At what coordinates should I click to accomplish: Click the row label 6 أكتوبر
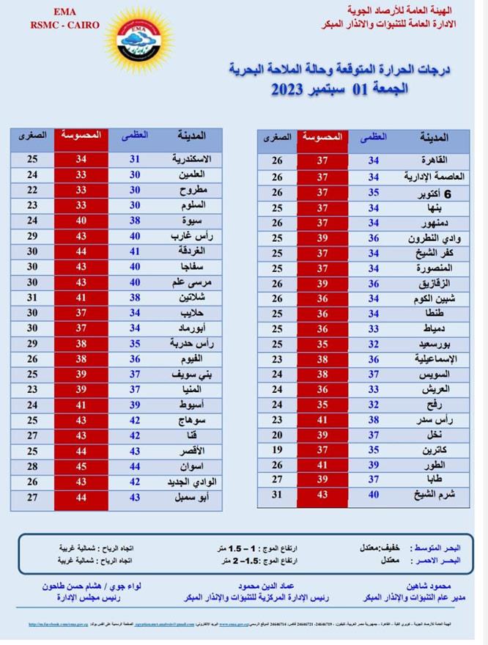432,192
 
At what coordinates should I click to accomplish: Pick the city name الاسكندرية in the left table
192,158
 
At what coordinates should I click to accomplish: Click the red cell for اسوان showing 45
81,466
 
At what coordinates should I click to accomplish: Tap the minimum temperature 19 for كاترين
277,449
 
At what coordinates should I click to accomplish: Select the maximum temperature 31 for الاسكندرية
135,158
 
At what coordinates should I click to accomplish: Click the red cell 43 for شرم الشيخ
322,494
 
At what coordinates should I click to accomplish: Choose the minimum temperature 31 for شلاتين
32,298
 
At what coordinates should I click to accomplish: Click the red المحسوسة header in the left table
81,136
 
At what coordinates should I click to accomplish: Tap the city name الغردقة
192,251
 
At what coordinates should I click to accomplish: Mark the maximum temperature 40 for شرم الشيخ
374,494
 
